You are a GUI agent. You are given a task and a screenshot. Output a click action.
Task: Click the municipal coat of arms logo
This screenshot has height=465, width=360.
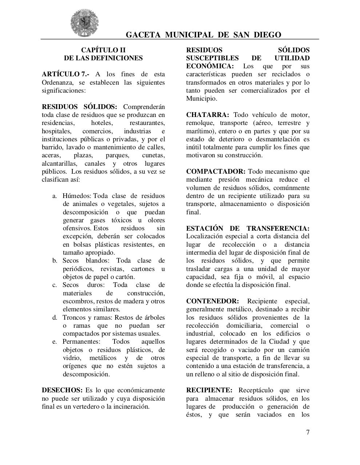tap(84, 23)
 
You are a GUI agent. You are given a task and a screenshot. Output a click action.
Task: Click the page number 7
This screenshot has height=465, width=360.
tap(308, 432)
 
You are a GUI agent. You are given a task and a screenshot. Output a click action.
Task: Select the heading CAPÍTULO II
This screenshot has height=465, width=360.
tap(103, 50)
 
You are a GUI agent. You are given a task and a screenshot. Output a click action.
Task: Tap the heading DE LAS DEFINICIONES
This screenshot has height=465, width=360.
tap(103, 58)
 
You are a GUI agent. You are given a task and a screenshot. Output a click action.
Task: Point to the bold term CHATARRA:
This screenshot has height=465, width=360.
tap(208, 115)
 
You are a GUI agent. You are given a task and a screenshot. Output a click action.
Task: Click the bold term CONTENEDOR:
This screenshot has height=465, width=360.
tap(212, 301)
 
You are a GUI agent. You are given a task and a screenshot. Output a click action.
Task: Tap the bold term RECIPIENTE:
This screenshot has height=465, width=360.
tap(209, 390)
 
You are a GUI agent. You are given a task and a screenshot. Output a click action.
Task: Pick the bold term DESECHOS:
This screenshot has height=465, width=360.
tap(62, 390)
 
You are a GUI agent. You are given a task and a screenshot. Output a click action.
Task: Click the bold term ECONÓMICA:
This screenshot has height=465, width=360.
tap(210, 66)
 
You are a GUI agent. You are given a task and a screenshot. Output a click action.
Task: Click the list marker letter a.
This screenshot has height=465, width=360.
tap(55, 196)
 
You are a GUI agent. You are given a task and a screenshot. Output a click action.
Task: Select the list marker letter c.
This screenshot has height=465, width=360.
tap(55, 285)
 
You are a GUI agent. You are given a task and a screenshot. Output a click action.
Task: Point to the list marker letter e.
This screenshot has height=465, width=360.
tap(55, 341)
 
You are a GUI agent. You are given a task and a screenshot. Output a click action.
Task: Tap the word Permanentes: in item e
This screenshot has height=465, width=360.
tap(81, 341)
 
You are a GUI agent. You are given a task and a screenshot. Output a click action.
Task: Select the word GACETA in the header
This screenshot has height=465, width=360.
tap(143, 35)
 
